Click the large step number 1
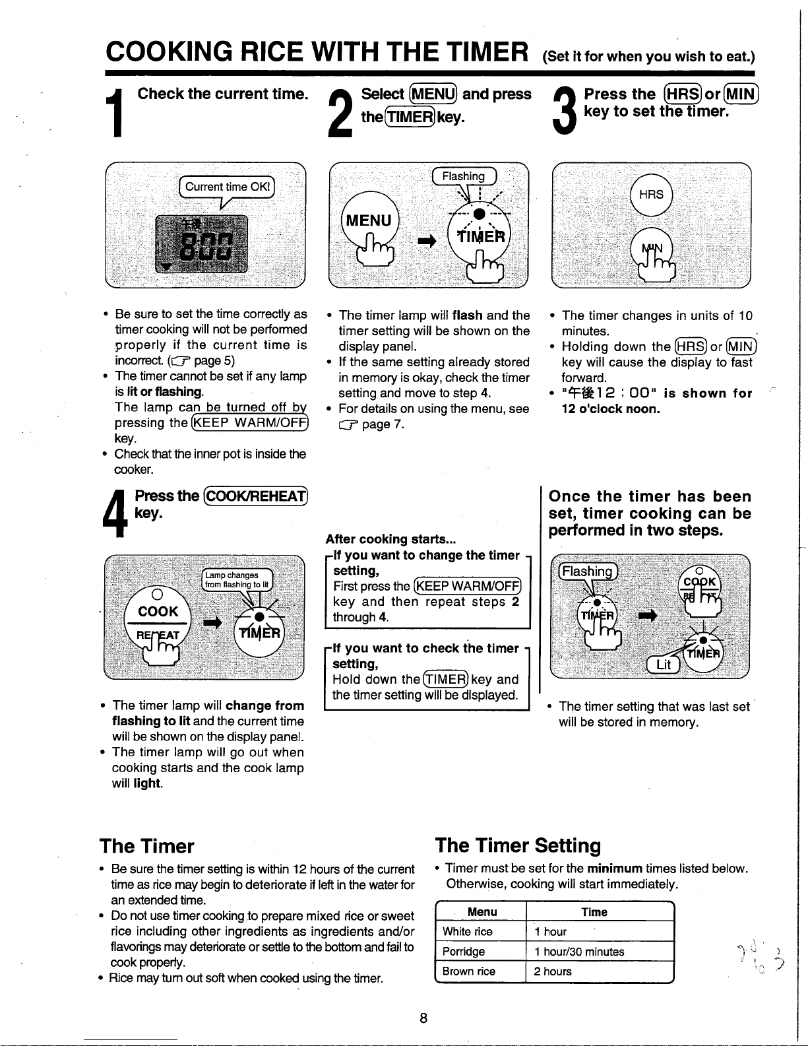117,113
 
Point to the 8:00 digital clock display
202,244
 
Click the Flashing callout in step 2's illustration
464,176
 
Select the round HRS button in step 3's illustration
651,195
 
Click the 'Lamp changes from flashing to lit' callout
237,579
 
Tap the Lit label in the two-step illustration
664,665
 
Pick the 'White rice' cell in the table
468,932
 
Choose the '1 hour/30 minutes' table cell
579,952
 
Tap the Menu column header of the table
482,912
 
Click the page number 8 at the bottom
423,1018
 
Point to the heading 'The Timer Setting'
518,845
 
